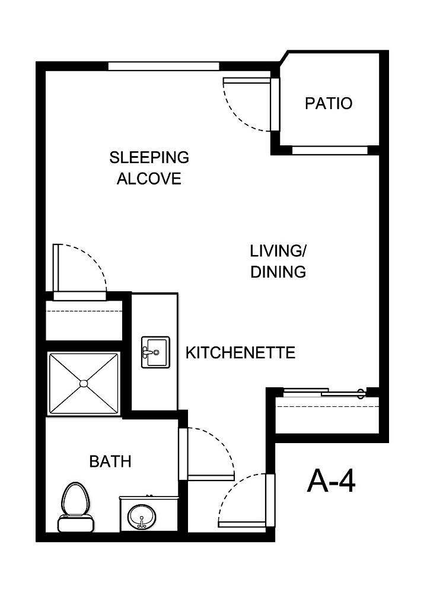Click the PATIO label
click(x=328, y=103)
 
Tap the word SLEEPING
click(x=149, y=158)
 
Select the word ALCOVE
click(x=149, y=179)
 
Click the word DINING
click(x=278, y=272)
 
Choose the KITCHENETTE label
click(x=240, y=354)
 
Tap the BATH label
click(x=110, y=461)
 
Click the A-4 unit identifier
click(x=332, y=481)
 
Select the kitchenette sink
click(x=155, y=352)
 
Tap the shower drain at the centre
click(x=83, y=383)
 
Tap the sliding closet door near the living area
click(x=323, y=392)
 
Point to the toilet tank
click(x=75, y=524)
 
